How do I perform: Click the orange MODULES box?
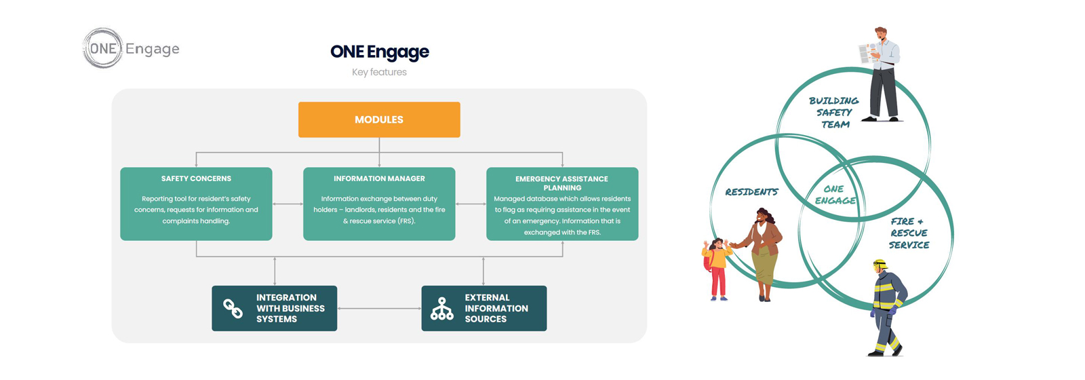point(379,119)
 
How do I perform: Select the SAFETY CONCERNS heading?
point(196,179)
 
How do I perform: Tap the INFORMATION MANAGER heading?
point(379,179)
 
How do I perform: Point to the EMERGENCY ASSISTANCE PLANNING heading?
point(562,183)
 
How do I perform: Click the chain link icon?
point(233,308)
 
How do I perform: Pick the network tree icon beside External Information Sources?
point(441,309)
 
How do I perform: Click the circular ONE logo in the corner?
point(102,48)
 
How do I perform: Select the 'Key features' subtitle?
point(379,72)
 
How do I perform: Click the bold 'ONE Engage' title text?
point(380,52)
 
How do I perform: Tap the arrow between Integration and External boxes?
point(379,308)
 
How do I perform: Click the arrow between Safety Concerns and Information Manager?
point(288,204)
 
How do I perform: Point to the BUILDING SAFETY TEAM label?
point(834,113)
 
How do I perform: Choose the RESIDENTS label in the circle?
point(752,192)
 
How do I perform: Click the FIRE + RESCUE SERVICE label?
point(909,233)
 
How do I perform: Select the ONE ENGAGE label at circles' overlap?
point(835,195)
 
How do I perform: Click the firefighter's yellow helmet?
point(880,265)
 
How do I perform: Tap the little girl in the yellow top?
point(716,269)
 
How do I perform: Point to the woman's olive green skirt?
point(765,265)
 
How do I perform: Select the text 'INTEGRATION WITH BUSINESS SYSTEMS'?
point(290,308)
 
